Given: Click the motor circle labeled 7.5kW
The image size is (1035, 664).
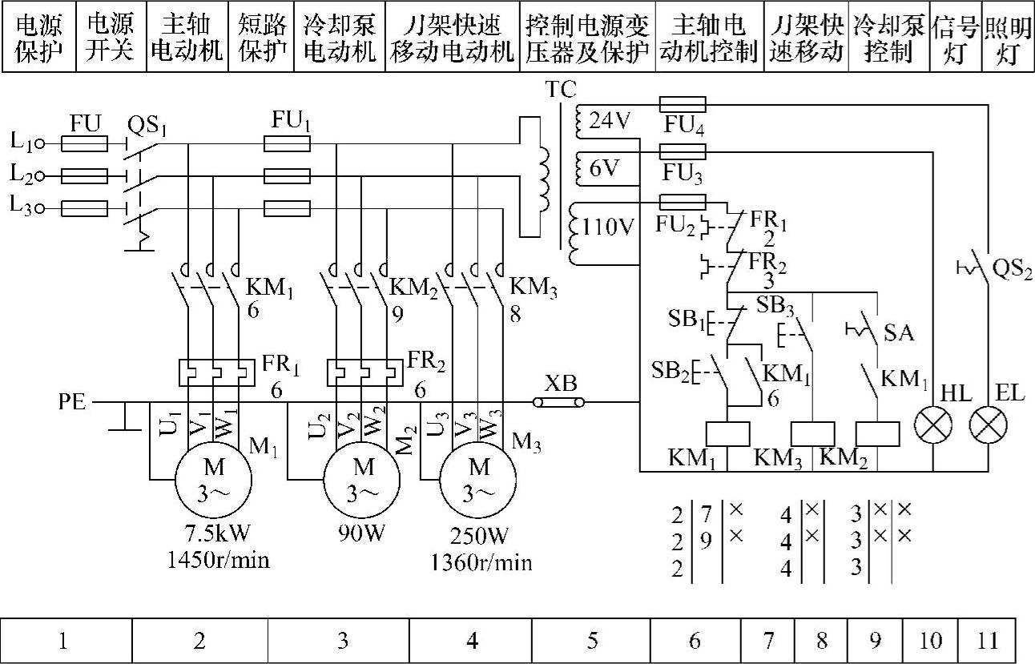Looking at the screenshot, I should [214, 477].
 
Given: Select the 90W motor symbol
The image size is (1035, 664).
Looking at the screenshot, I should [364, 477].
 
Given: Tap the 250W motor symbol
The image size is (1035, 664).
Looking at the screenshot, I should [479, 478].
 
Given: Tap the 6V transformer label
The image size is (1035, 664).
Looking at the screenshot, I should [605, 170].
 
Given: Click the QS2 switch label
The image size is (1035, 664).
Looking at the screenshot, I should [1012, 269].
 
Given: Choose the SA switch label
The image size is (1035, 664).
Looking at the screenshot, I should [898, 332].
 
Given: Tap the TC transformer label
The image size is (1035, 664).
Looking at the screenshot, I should [560, 91].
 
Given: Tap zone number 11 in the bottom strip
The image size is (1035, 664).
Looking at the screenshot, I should [988, 640].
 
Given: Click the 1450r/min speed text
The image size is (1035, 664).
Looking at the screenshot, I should [218, 560].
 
